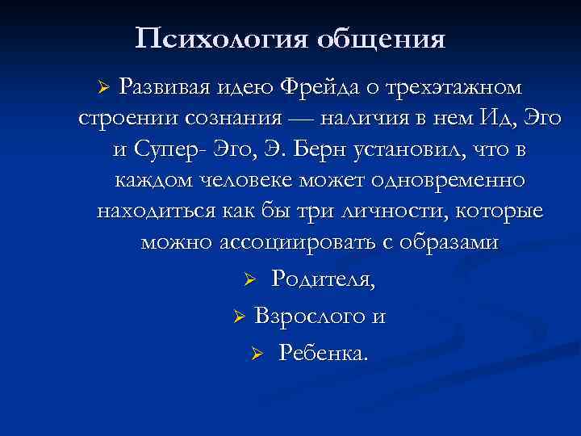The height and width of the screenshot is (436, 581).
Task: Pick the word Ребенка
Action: [x=322, y=353]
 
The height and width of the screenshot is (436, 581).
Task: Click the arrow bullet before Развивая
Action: [x=102, y=86]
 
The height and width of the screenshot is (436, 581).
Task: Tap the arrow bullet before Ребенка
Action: [x=257, y=354]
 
